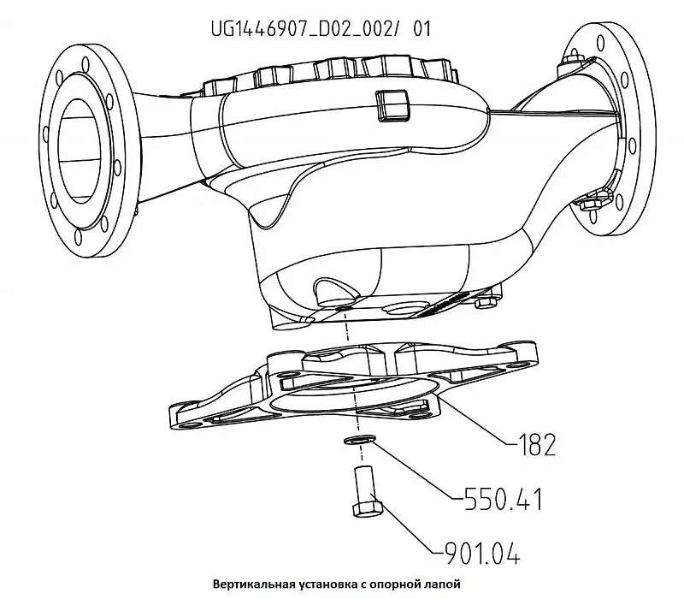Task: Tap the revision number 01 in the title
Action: (421, 28)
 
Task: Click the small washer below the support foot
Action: (357, 440)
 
